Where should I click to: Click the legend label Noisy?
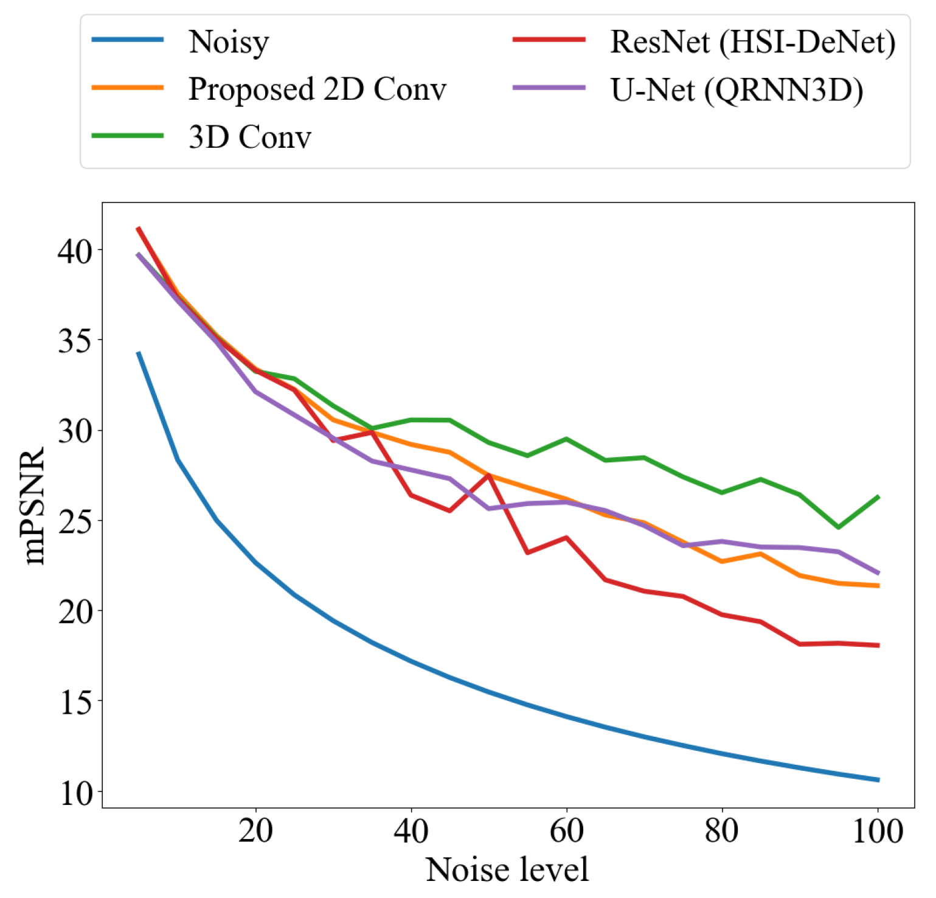pos(229,42)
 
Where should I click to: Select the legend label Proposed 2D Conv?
pos(317,89)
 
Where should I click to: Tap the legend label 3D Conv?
pos(250,137)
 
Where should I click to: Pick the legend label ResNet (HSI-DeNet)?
pos(752,42)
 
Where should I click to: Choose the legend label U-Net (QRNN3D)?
pos(737,90)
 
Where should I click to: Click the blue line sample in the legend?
pos(128,40)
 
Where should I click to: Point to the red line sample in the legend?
pos(549,40)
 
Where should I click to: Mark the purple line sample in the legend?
pos(549,88)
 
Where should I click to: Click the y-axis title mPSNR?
pos(35,506)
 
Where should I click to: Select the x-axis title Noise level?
pos(507,869)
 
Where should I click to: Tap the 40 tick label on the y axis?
pos(75,250)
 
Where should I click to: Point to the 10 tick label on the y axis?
pos(76,793)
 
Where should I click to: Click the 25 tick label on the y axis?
pos(75,521)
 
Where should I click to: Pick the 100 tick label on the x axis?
pos(878,831)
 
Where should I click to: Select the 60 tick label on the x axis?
pos(566,831)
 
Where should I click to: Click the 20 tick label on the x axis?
pos(255,831)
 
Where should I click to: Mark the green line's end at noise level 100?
pos(878,497)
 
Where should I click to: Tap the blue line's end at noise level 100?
pos(878,780)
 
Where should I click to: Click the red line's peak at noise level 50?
pos(488,475)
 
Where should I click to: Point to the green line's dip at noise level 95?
pos(839,527)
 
